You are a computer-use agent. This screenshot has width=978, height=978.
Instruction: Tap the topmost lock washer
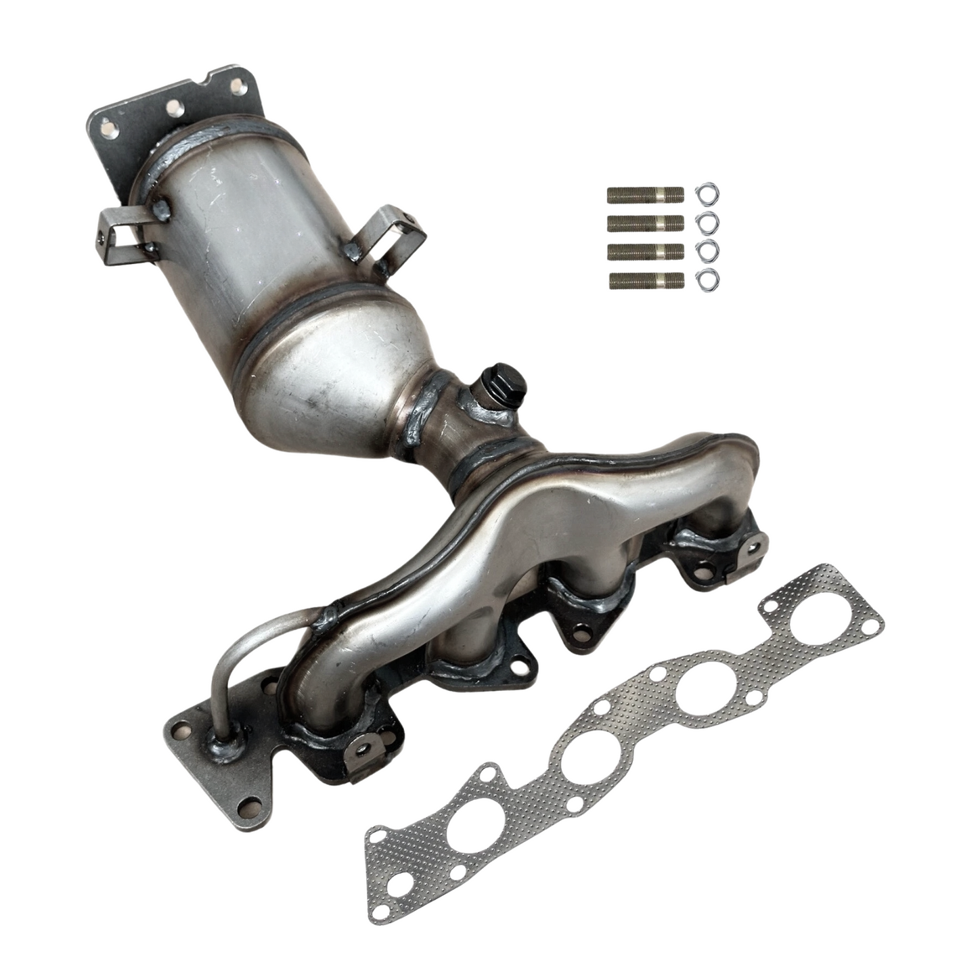click(707, 194)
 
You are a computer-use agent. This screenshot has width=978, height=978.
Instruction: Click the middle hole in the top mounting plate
click(173, 106)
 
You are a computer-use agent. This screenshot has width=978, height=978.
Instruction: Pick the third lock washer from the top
click(707, 249)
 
